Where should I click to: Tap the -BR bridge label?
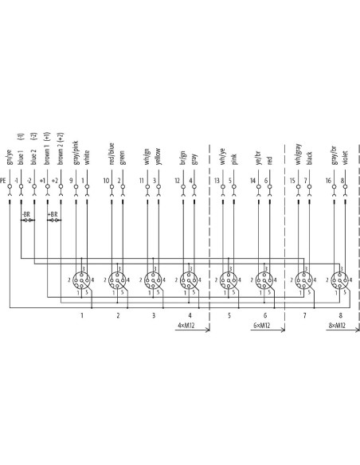(26, 214)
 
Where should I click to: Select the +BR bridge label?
(53, 214)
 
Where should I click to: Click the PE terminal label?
(2, 180)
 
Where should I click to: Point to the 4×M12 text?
(186, 325)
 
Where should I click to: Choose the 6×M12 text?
(261, 325)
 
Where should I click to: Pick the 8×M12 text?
(337, 325)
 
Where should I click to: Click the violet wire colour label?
(345, 157)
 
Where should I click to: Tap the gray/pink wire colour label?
(76, 153)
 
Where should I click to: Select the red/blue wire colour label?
(112, 154)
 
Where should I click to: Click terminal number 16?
(328, 181)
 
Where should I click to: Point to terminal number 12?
(177, 181)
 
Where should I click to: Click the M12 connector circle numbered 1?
(81, 280)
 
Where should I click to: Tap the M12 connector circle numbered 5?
(229, 280)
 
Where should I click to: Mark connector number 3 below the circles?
(154, 315)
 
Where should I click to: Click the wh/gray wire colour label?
(298, 154)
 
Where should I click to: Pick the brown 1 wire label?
(47, 154)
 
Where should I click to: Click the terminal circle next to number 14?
(259, 186)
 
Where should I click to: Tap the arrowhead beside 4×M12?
(208, 329)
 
